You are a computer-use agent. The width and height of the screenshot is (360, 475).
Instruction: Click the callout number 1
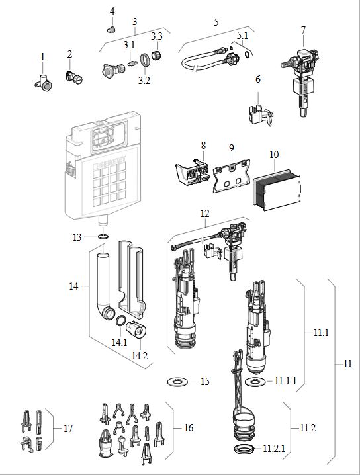(42, 58)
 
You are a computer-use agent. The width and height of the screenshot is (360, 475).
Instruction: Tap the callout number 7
(303, 30)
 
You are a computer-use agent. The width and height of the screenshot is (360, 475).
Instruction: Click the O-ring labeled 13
(104, 237)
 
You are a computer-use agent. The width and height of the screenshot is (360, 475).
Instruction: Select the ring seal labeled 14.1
(122, 322)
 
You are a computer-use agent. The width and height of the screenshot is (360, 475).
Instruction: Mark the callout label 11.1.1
(286, 382)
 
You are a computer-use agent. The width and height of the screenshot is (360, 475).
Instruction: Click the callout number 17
(67, 428)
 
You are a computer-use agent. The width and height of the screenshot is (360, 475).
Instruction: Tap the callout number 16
(189, 428)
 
